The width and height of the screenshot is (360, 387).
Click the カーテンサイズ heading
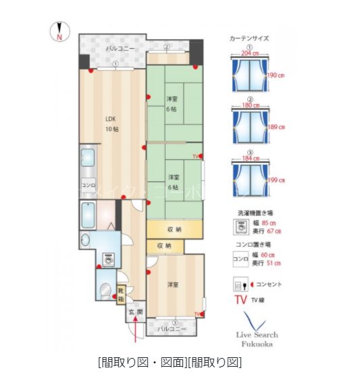pos(249,38)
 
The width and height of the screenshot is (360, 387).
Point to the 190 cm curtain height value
pos(276,76)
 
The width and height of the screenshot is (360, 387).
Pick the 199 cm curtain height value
pos(276,180)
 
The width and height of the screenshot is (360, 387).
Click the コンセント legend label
pos(269,284)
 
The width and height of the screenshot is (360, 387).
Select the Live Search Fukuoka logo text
pos(257,338)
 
